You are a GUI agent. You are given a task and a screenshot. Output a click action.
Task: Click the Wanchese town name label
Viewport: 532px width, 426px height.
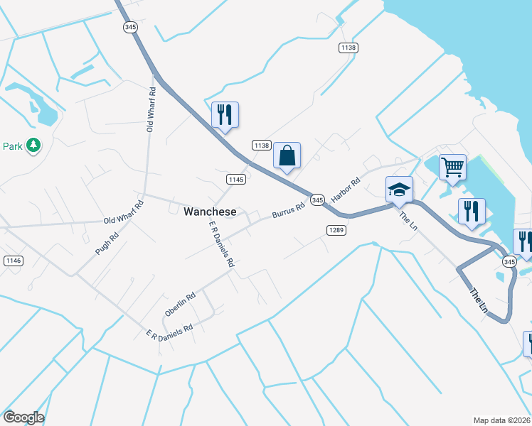(210, 212)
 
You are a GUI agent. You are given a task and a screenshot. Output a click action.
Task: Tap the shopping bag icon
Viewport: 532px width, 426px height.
(287, 155)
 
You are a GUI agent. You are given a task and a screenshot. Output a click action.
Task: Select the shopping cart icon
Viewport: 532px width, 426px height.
(452, 168)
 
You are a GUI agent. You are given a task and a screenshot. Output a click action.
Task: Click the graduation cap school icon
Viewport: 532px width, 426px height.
(399, 190)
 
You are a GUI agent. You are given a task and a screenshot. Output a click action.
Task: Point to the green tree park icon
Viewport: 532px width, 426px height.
(33, 146)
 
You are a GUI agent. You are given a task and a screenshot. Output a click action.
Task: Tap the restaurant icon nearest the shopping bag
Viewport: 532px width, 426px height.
(225, 114)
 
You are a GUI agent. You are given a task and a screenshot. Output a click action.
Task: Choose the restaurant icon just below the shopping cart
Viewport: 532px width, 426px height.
(472, 211)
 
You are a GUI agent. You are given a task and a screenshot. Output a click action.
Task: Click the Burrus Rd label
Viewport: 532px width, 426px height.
(288, 210)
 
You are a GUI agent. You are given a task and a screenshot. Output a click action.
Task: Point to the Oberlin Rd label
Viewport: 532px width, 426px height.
(180, 305)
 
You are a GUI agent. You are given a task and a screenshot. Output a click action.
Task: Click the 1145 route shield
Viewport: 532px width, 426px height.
(237, 179)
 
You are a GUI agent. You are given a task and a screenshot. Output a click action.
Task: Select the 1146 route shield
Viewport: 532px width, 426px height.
(13, 261)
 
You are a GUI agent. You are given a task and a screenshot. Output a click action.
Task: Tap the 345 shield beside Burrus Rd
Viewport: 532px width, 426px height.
(317, 200)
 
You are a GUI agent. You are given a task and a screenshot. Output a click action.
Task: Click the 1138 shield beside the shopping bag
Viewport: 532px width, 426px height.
(262, 145)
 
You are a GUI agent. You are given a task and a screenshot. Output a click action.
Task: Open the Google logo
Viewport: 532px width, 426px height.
(23, 417)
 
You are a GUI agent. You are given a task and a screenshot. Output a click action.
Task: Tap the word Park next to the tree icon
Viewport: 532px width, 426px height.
(12, 146)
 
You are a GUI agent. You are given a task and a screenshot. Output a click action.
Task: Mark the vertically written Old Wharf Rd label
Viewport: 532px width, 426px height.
(151, 110)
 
